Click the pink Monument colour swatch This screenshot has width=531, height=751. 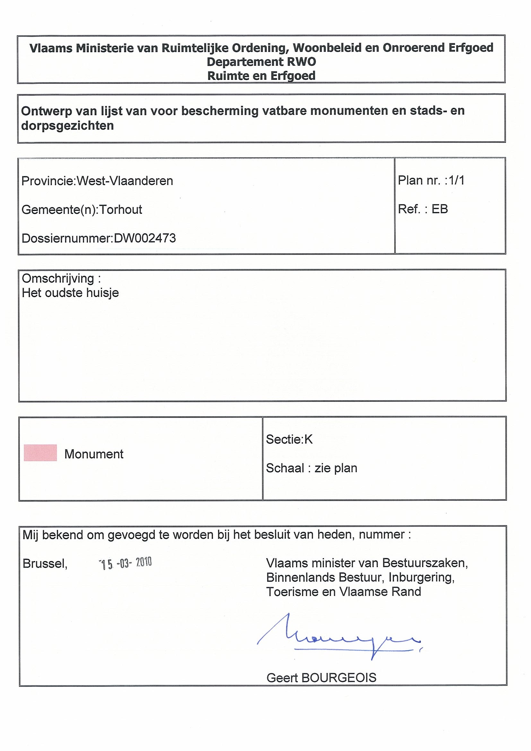pyautogui.click(x=40, y=453)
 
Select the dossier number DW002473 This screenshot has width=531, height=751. pyautogui.click(x=144, y=238)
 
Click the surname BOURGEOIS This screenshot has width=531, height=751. pyautogui.click(x=339, y=678)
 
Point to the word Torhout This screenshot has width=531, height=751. pyautogui.click(x=121, y=210)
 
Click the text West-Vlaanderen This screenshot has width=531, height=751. pyautogui.click(x=125, y=181)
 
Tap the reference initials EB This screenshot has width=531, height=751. pyautogui.click(x=440, y=209)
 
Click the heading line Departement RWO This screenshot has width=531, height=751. pyautogui.click(x=261, y=62)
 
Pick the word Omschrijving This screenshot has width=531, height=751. pyautogui.click(x=58, y=279)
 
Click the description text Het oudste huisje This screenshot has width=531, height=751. pyautogui.click(x=70, y=293)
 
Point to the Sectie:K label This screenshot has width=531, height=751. pyautogui.click(x=289, y=440)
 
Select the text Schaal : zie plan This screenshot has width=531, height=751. pyautogui.click(x=311, y=468)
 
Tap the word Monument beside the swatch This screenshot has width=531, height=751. pyautogui.click(x=94, y=454)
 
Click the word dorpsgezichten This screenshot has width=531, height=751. pyautogui.click(x=67, y=125)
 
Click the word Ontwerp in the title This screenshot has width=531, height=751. pyautogui.click(x=47, y=111)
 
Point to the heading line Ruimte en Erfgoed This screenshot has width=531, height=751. pyautogui.click(x=261, y=76)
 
